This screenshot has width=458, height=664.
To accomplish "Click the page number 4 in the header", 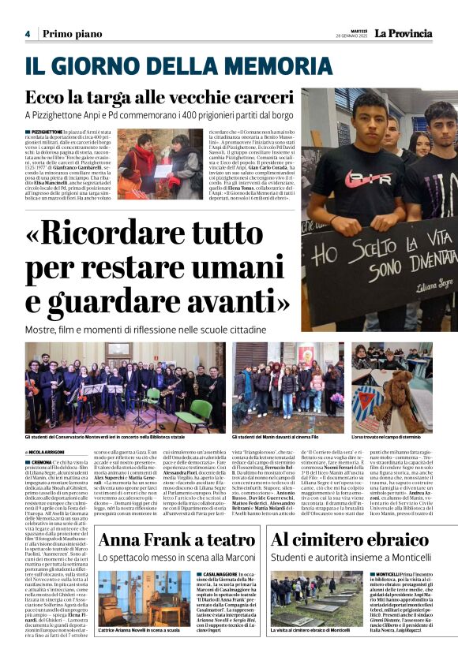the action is tap(28, 34).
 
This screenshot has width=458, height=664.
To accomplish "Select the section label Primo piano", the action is tap(72, 34).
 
